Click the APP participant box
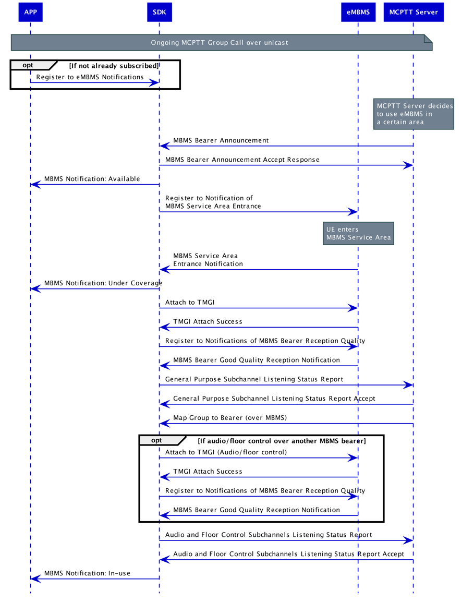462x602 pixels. tap(30, 13)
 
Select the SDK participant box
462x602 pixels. tap(159, 13)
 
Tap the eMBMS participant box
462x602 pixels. tap(358, 13)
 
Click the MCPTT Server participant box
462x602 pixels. tap(413, 13)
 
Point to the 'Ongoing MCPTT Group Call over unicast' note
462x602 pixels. tap(219, 42)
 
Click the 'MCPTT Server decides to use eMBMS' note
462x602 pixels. tap(414, 114)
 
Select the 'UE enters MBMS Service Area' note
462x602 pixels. tap(358, 233)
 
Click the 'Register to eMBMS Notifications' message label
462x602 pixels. tap(90, 77)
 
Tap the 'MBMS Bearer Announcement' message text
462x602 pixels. tap(221, 140)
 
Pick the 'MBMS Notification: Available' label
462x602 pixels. tap(92, 179)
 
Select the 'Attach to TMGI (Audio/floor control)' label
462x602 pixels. tap(226, 452)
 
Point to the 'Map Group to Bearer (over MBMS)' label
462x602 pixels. tap(229, 418)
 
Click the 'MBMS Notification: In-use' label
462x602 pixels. tap(87, 573)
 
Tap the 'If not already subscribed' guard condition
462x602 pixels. tap(114, 66)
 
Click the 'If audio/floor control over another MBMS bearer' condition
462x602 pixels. tap(282, 441)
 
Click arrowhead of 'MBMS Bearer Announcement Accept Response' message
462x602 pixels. tap(408, 165)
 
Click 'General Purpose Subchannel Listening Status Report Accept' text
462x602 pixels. tap(274, 399)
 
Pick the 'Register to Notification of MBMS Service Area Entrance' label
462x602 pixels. tap(213, 202)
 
